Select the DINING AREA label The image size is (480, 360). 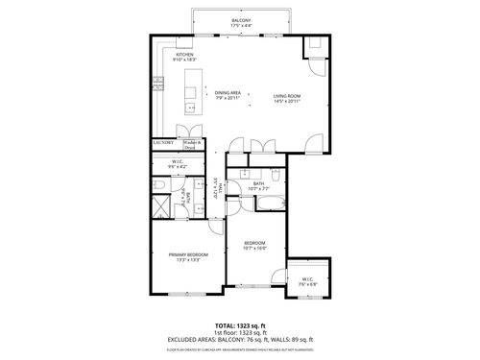click(228, 92)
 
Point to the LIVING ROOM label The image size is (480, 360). click(287, 95)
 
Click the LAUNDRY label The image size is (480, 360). click(163, 143)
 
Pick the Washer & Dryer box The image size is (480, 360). click(192, 144)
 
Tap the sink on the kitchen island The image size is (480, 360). click(190, 93)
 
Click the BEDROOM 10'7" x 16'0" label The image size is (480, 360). click(253, 245)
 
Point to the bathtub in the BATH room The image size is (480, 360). click(271, 203)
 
